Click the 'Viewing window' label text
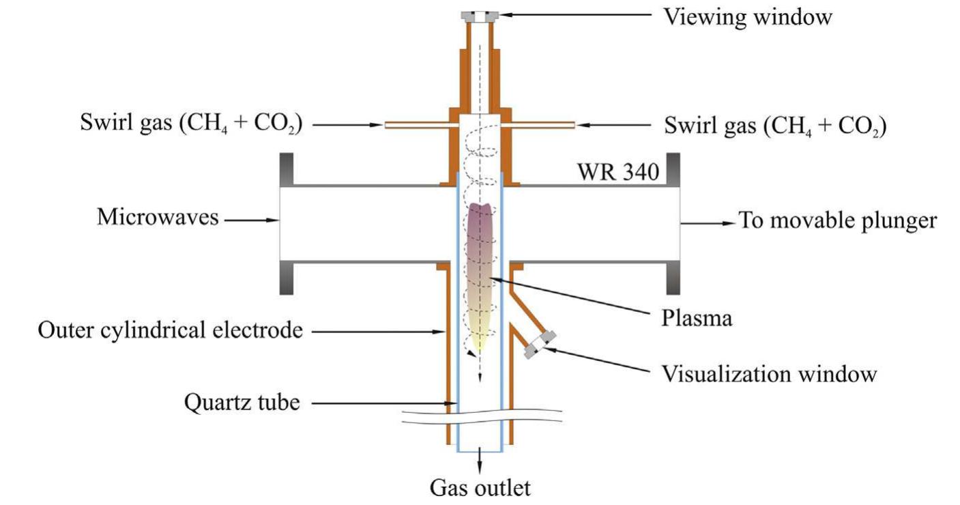tap(748, 16)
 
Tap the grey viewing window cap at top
tap(480, 16)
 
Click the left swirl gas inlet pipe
tap(418, 126)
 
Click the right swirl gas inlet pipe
tap(542, 126)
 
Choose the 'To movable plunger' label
tap(838, 221)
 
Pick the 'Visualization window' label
tap(769, 373)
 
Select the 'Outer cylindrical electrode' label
tap(169, 331)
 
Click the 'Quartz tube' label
tap(242, 403)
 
